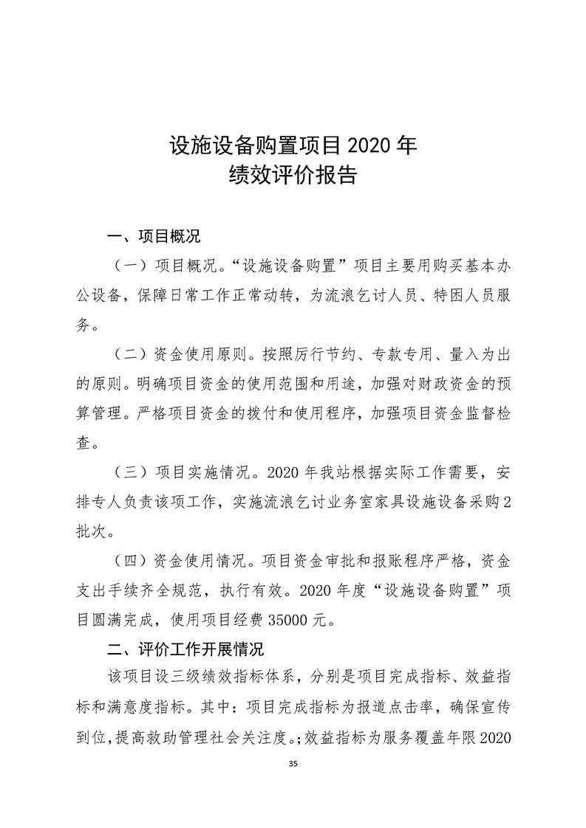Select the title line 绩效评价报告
[x=293, y=176]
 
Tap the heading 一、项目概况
[x=154, y=238]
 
